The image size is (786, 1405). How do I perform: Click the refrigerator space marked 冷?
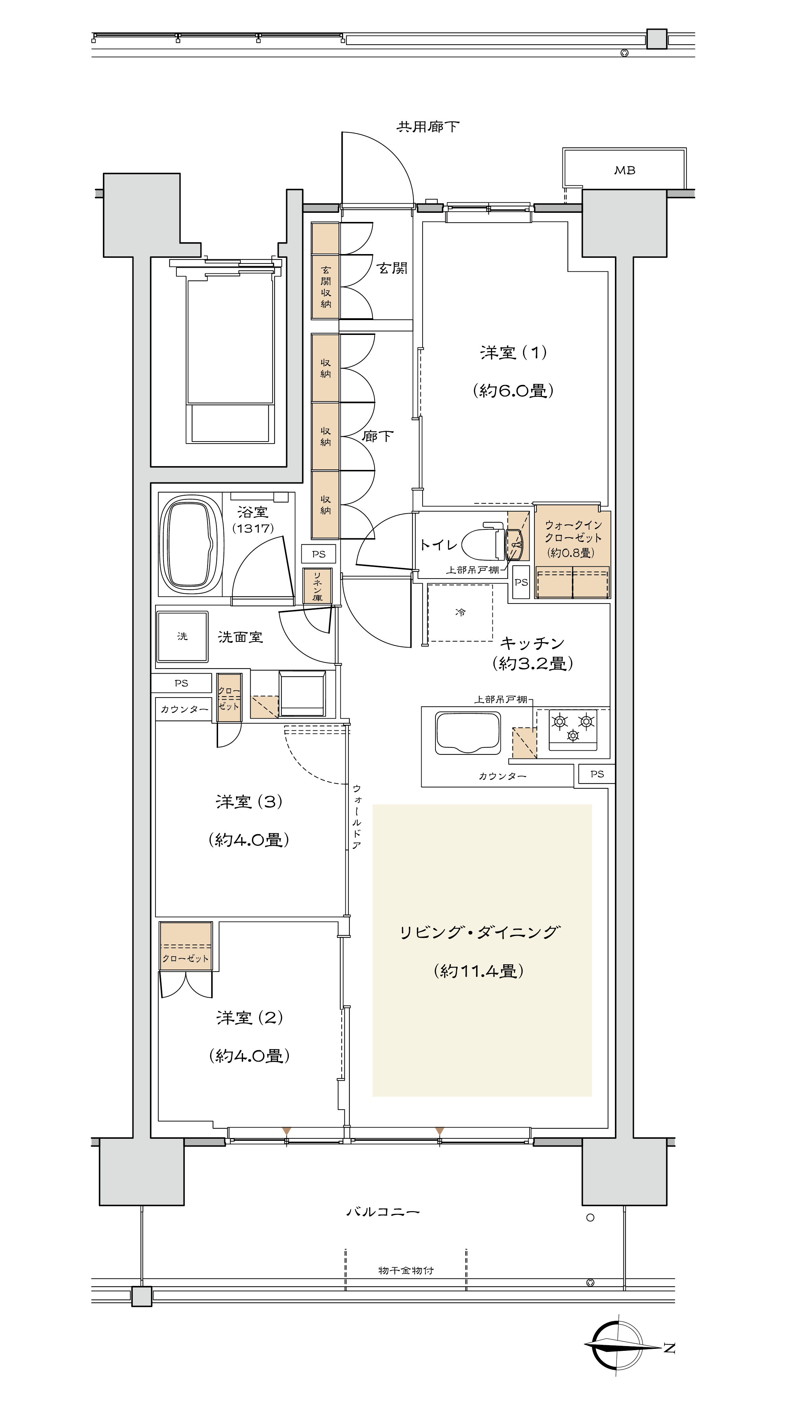pyautogui.click(x=460, y=612)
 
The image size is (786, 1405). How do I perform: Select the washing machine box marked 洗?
pyautogui.click(x=182, y=636)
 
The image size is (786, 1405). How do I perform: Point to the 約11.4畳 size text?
pyautogui.click(x=479, y=971)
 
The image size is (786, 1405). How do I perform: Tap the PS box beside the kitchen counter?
pyautogui.click(x=597, y=774)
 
